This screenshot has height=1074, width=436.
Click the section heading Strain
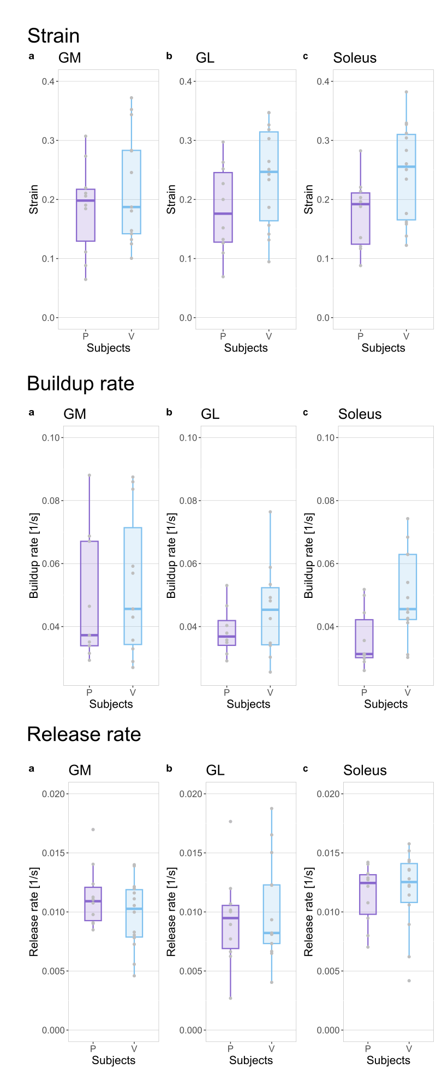[x=53, y=36]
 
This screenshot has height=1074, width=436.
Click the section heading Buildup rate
[x=80, y=384]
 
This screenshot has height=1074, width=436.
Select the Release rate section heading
[x=83, y=734]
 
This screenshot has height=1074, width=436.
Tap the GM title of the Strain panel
[x=70, y=58]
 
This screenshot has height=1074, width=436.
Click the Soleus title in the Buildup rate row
[x=360, y=414]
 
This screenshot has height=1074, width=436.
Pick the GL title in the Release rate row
[x=215, y=770]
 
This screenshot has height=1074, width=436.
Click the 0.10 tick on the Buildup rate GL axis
[x=188, y=437]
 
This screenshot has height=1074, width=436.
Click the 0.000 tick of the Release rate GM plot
[x=54, y=1030]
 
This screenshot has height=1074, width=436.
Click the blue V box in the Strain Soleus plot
[x=406, y=177]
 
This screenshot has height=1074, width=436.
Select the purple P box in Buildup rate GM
[x=89, y=594]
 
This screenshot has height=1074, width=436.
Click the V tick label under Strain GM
[x=132, y=336]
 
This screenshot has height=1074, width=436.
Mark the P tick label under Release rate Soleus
[x=368, y=1048]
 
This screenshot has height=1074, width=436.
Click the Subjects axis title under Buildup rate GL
[x=248, y=704]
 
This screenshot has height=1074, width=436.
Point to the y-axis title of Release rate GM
[x=34, y=912]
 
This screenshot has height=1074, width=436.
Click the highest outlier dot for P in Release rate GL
[x=230, y=821]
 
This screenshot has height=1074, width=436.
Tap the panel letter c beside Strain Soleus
[x=305, y=56]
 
